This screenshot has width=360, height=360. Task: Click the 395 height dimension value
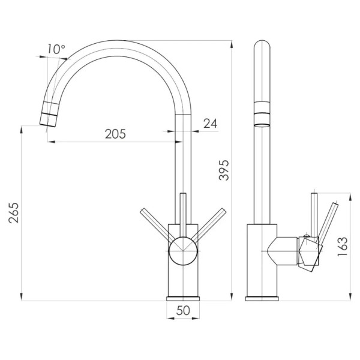tap(224, 170)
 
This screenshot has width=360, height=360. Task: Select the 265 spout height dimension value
tap(14, 213)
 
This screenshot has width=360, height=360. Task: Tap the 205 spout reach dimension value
tap(115, 134)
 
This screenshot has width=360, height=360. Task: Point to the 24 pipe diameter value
tap(211, 124)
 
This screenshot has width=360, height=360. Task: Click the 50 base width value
tap(183, 311)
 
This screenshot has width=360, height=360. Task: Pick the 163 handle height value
tap(343, 247)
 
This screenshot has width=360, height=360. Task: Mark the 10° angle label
tap(56, 49)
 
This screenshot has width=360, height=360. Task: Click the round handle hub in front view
tap(183, 251)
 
